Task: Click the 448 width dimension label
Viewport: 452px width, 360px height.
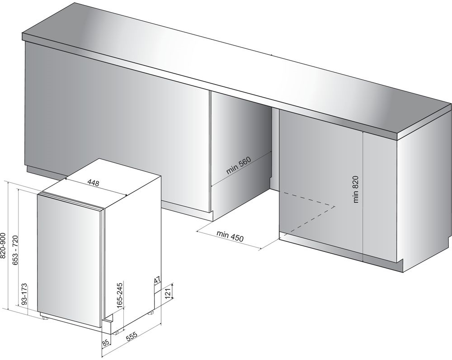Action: [94, 183]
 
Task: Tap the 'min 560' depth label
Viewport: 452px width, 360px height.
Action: [239, 166]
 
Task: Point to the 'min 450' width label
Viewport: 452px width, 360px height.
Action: [230, 236]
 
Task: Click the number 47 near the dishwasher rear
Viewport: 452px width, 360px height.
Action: [157, 280]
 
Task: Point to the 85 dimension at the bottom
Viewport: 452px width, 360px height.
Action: [105, 343]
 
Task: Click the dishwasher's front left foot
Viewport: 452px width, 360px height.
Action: [45, 317]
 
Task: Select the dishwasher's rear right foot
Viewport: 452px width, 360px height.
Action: [151, 312]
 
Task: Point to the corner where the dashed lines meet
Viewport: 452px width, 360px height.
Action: [335, 206]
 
